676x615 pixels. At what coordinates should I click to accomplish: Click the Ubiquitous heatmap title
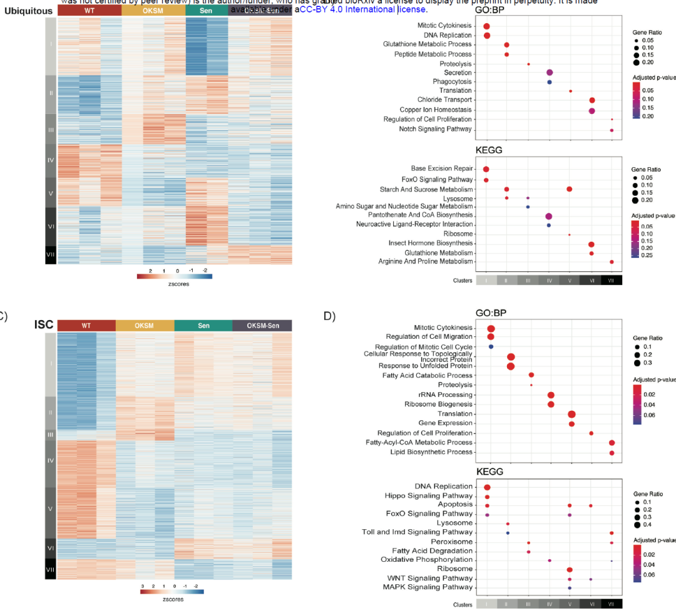tap(28, 11)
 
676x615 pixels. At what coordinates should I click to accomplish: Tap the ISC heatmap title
tap(44, 325)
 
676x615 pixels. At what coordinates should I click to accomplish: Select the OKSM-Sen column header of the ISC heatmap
tap(262, 326)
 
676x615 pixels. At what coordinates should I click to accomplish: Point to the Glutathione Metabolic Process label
tap(428, 44)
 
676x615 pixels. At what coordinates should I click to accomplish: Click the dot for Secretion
tap(550, 73)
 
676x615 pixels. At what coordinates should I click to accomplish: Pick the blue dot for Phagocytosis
tap(550, 82)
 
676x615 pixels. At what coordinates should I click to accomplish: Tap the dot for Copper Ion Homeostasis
tap(591, 110)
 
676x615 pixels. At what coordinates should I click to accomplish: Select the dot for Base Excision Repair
tap(486, 169)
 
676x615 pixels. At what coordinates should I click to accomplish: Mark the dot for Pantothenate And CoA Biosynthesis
tap(549, 216)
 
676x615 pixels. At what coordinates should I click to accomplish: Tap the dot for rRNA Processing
tap(551, 395)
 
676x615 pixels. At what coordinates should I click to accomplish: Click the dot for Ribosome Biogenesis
tap(551, 404)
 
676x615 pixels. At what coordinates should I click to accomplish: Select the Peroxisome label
tap(451, 542)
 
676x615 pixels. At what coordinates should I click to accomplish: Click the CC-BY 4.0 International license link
tap(363, 9)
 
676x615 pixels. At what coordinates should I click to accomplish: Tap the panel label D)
tap(330, 316)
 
